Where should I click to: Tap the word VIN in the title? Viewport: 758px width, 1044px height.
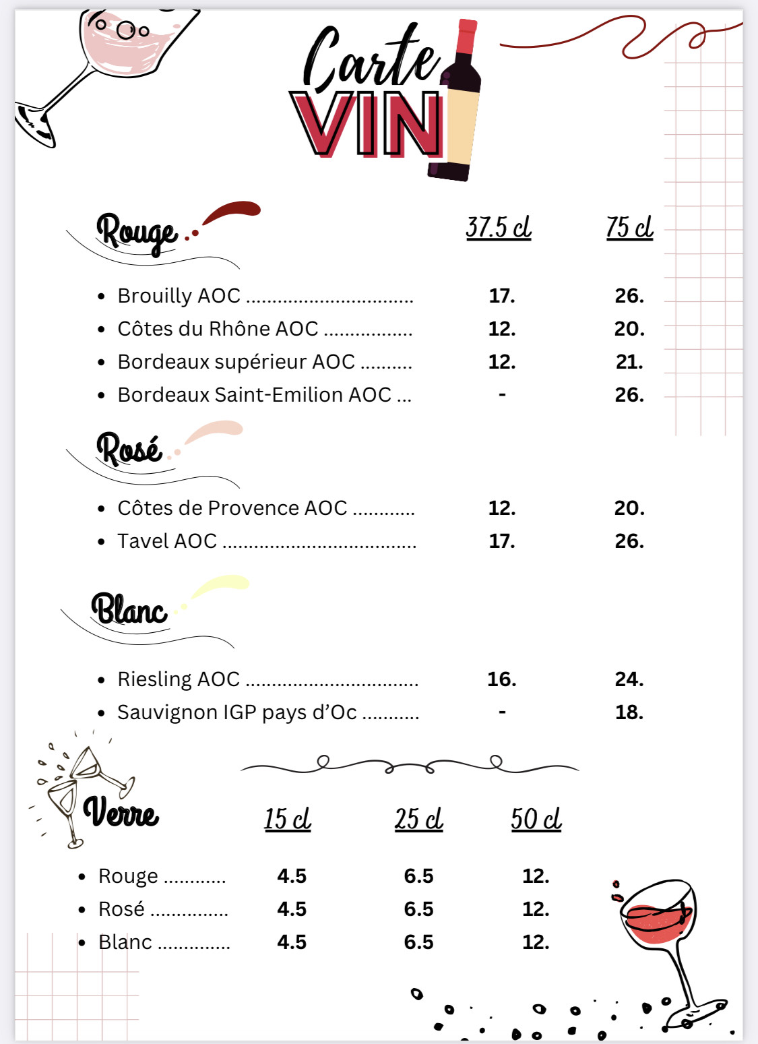pos(367,125)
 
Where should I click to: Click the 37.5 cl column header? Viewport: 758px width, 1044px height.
pos(499,227)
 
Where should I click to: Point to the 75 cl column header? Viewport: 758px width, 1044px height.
pos(629,227)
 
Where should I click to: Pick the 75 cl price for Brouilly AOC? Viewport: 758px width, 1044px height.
pos(629,296)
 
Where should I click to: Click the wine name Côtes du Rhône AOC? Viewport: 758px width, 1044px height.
pos(218,329)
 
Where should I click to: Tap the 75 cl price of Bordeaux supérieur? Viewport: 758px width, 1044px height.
pos(629,362)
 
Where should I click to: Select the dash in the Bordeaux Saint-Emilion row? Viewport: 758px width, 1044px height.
pos(502,394)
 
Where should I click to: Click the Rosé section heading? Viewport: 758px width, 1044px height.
pos(129,449)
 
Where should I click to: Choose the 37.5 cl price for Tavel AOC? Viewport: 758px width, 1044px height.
pos(502,541)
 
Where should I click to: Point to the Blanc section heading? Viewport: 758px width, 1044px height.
pos(129,609)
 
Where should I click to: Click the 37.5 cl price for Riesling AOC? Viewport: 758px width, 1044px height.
pos(502,679)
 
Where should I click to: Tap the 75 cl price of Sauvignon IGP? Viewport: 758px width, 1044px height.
pos(629,712)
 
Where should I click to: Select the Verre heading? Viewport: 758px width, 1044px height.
pos(121,813)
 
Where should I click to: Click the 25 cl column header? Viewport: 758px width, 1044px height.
pos(418,819)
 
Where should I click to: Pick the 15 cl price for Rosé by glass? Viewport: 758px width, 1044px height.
pos(292,909)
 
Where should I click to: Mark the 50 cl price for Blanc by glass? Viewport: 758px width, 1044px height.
pos(536,942)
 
